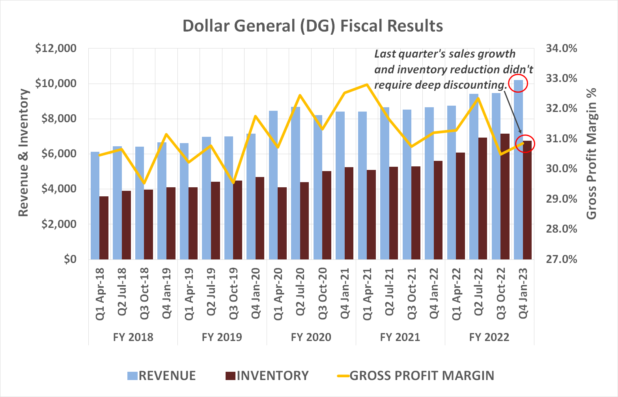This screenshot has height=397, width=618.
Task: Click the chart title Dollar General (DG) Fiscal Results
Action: [x=312, y=26]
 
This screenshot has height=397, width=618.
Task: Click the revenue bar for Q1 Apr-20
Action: [x=273, y=185]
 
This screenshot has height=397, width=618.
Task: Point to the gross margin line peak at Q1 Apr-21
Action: [x=367, y=84]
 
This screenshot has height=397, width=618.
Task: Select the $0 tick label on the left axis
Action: [x=70, y=259]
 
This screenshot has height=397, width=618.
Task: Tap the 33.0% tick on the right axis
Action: [x=561, y=78]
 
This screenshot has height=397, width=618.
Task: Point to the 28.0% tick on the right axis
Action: [x=561, y=229]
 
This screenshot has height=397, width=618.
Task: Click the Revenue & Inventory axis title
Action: [x=24, y=153]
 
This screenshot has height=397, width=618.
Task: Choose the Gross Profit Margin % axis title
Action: [x=592, y=154]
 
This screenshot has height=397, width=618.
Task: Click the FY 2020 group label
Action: [x=311, y=337]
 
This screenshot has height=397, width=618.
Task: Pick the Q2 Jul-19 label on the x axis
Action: [x=211, y=292]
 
